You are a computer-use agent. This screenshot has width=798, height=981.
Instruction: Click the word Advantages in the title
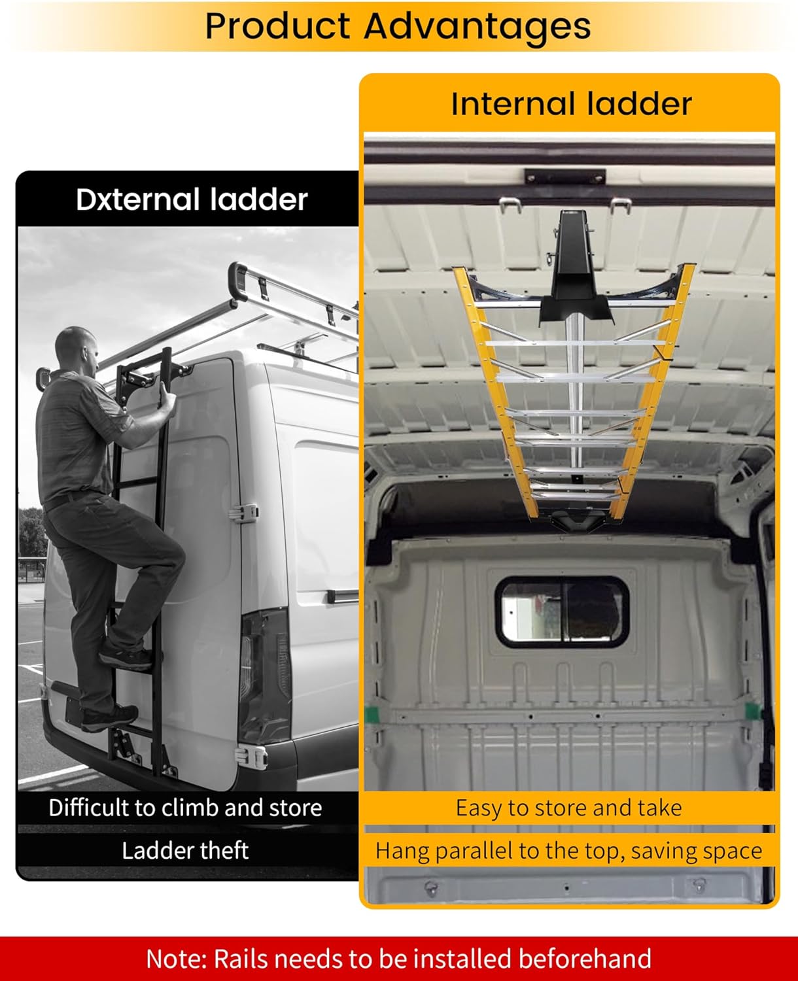point(477,26)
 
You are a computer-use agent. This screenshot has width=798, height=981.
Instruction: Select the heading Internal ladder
point(571,104)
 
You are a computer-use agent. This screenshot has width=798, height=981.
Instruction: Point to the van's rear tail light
point(264,674)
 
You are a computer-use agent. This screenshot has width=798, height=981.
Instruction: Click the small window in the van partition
point(563,611)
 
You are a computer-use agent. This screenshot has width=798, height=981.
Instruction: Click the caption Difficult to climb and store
point(185,808)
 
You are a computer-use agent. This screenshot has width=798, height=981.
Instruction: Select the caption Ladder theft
point(185,850)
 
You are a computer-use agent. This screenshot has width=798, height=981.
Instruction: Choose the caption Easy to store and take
point(568,808)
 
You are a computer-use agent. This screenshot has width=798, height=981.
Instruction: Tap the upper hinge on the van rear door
point(243,513)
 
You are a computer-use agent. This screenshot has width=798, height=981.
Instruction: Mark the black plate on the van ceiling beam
point(565,177)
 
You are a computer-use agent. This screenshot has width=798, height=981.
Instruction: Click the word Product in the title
point(277,26)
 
